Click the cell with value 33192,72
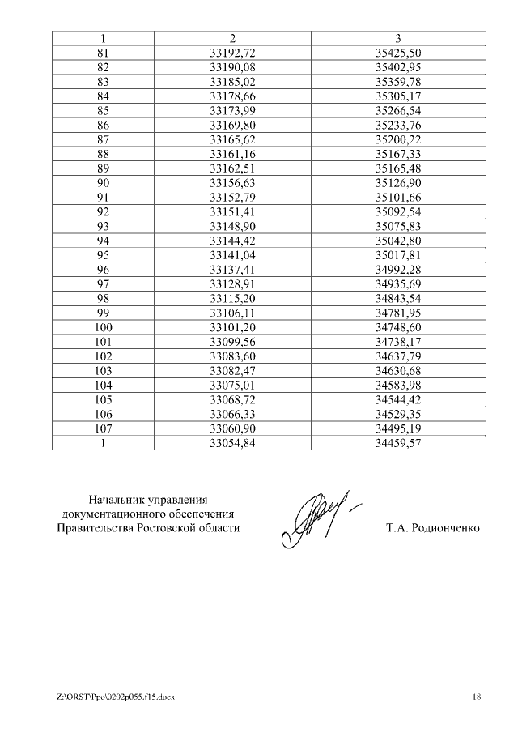[232, 53]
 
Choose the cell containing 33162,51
[232, 168]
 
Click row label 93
[103, 227]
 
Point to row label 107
[103, 429]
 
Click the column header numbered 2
[232, 39]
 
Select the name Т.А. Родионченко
[433, 528]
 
